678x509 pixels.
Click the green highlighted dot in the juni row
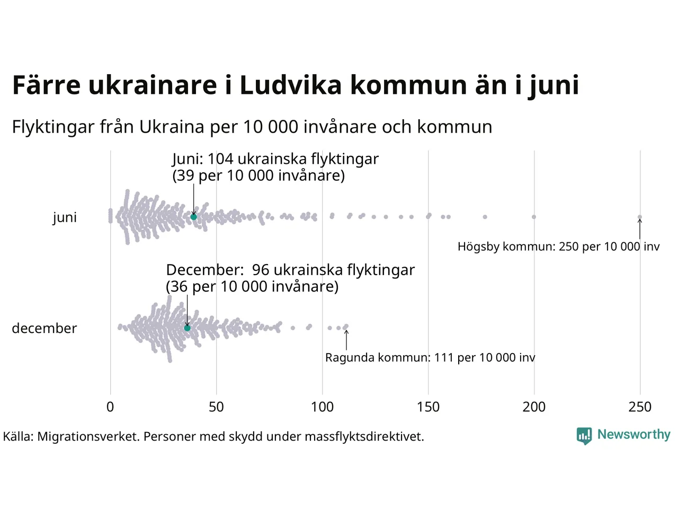click(194, 217)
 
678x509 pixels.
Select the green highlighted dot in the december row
click(187, 328)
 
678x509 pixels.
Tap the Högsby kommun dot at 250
click(640, 217)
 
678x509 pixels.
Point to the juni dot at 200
click(534, 217)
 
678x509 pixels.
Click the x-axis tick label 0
click(110, 407)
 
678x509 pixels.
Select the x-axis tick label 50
click(216, 407)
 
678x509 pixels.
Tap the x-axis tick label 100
click(322, 407)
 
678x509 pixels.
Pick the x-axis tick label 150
click(428, 407)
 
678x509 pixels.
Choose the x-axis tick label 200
click(534, 407)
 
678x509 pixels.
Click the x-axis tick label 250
click(640, 407)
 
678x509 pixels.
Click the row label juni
click(65, 217)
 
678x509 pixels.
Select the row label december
click(44, 328)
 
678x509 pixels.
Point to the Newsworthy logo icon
click(584, 436)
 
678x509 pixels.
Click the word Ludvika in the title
click(290, 85)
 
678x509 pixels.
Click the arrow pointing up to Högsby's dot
click(640, 229)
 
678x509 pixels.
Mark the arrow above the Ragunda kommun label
click(346, 340)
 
